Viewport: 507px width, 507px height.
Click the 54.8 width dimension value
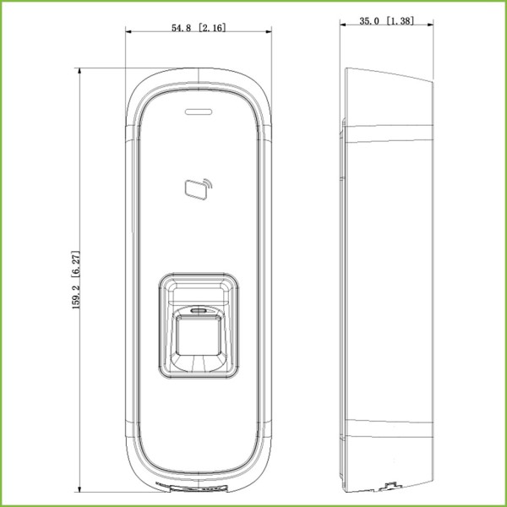coord(181,28)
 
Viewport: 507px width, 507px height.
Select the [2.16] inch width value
coord(212,28)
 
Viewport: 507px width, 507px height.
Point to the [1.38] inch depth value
coord(400,21)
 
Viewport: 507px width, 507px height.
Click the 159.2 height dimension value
coord(76,294)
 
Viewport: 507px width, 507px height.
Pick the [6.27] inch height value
coord(76,264)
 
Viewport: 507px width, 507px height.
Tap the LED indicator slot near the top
coord(199,112)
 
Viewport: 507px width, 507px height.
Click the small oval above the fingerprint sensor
coord(199,311)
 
